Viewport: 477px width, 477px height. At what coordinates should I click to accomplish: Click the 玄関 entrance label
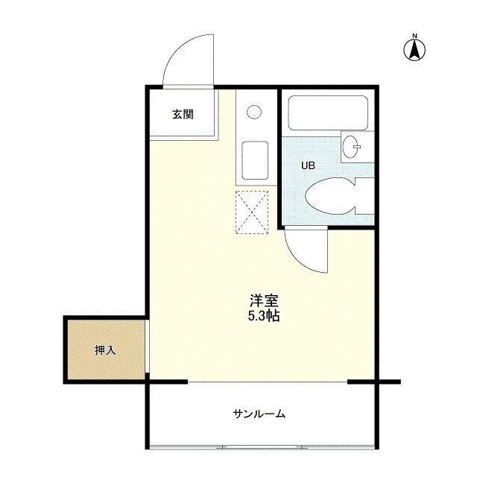(183, 114)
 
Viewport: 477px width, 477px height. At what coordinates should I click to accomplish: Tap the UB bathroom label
(308, 165)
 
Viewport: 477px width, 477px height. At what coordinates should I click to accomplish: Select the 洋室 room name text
(264, 301)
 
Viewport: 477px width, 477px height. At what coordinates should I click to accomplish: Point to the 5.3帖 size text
(264, 316)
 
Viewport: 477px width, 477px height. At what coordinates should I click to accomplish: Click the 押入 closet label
(105, 350)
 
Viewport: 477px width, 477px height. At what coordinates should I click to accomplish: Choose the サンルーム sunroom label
(259, 414)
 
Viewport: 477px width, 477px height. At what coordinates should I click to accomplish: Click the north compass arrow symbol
(414, 50)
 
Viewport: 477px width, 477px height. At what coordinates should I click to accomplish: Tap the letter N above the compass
(414, 36)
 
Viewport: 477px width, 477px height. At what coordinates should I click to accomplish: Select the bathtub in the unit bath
(328, 113)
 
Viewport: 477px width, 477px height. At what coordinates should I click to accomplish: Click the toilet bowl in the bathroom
(330, 196)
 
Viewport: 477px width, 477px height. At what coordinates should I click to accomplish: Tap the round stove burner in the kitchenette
(254, 112)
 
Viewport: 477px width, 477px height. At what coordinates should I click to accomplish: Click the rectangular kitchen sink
(255, 160)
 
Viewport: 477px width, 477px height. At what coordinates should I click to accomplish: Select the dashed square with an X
(252, 212)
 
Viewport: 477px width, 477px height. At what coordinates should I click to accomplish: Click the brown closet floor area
(106, 350)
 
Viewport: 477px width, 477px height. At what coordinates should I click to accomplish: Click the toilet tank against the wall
(364, 196)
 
